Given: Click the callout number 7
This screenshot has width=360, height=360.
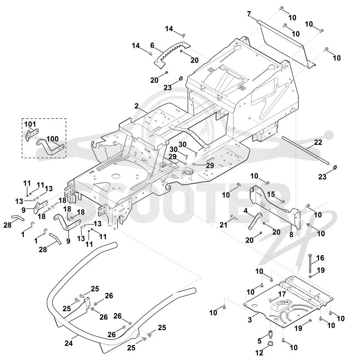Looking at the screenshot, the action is click(249, 14).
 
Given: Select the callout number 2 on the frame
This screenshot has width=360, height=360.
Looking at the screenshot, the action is click(137, 106).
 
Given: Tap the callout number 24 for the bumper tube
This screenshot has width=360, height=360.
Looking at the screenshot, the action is click(69, 343).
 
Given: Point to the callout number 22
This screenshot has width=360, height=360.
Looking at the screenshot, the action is click(318, 142).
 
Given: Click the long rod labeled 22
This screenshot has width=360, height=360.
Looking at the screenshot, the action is click(306, 150).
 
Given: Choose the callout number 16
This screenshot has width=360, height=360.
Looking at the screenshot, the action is click(320, 258).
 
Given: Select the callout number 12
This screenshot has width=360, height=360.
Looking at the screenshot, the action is click(260, 352).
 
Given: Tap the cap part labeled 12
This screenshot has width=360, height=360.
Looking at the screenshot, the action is click(271, 343).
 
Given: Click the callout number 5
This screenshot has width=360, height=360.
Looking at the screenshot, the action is click(260, 341).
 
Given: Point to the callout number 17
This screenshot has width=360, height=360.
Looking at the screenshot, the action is click(282, 294).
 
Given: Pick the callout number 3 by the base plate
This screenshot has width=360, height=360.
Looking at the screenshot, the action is click(250, 319).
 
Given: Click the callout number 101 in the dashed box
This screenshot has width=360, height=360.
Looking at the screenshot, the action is click(30, 124).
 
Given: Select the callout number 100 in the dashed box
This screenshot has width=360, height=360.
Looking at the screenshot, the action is click(53, 139).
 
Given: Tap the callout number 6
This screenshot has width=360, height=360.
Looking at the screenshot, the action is click(152, 45).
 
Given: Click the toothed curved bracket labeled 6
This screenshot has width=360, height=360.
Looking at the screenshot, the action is click(172, 54).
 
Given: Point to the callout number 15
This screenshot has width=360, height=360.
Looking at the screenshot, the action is click(271, 194).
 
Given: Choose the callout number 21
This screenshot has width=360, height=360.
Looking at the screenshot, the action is click(223, 225).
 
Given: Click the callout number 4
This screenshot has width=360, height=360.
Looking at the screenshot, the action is click(246, 211).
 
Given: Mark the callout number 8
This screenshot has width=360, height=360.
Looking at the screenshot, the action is click(291, 234).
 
